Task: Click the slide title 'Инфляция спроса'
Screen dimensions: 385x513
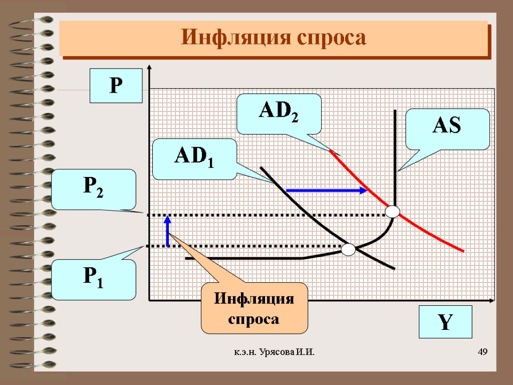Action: [274, 38]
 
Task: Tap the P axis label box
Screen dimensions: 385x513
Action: [116, 86]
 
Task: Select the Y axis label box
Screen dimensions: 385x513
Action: [444, 322]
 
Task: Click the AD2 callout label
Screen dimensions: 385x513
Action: [278, 114]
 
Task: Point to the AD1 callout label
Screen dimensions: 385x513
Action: [194, 159]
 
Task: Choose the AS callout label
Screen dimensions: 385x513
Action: [447, 129]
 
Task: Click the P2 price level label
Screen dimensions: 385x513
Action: [94, 189]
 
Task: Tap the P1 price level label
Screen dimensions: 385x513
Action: [94, 279]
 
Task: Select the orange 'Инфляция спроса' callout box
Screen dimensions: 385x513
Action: [254, 308]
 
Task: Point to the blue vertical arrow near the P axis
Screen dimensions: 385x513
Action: [168, 231]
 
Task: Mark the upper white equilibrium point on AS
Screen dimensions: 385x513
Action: [392, 212]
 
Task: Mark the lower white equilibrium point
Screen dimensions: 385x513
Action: [348, 249]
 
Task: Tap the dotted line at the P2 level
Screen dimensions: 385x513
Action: [250, 215]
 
